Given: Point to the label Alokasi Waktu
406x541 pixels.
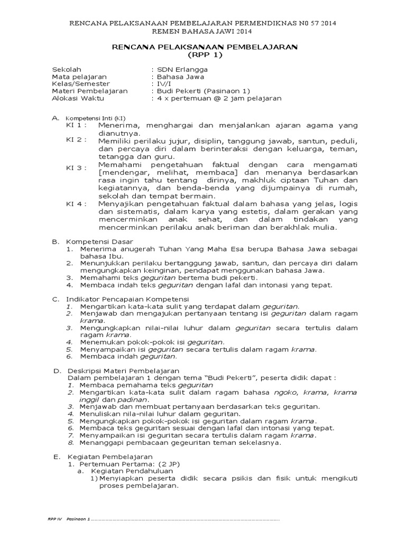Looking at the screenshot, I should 78,98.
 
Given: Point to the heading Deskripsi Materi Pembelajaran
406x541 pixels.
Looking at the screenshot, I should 123,371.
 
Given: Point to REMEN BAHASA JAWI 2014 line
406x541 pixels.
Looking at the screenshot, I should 204,32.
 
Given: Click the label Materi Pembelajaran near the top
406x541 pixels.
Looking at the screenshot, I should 89,91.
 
